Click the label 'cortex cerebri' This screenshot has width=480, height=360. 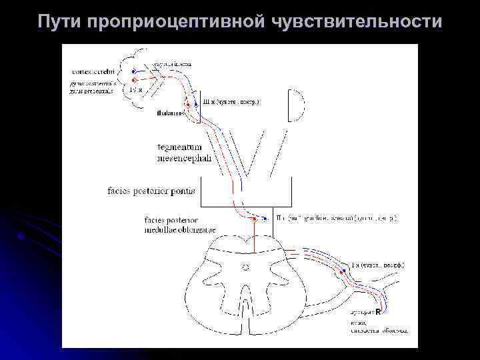tap(94, 71)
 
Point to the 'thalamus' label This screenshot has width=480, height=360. tap(171, 113)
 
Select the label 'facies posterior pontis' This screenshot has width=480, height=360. tap(151, 191)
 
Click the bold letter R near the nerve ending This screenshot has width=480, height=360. tap(378, 311)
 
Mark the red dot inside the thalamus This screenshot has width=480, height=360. tap(188, 106)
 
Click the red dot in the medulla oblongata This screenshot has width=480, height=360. tap(255, 218)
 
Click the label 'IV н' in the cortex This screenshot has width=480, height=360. tap(135, 89)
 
